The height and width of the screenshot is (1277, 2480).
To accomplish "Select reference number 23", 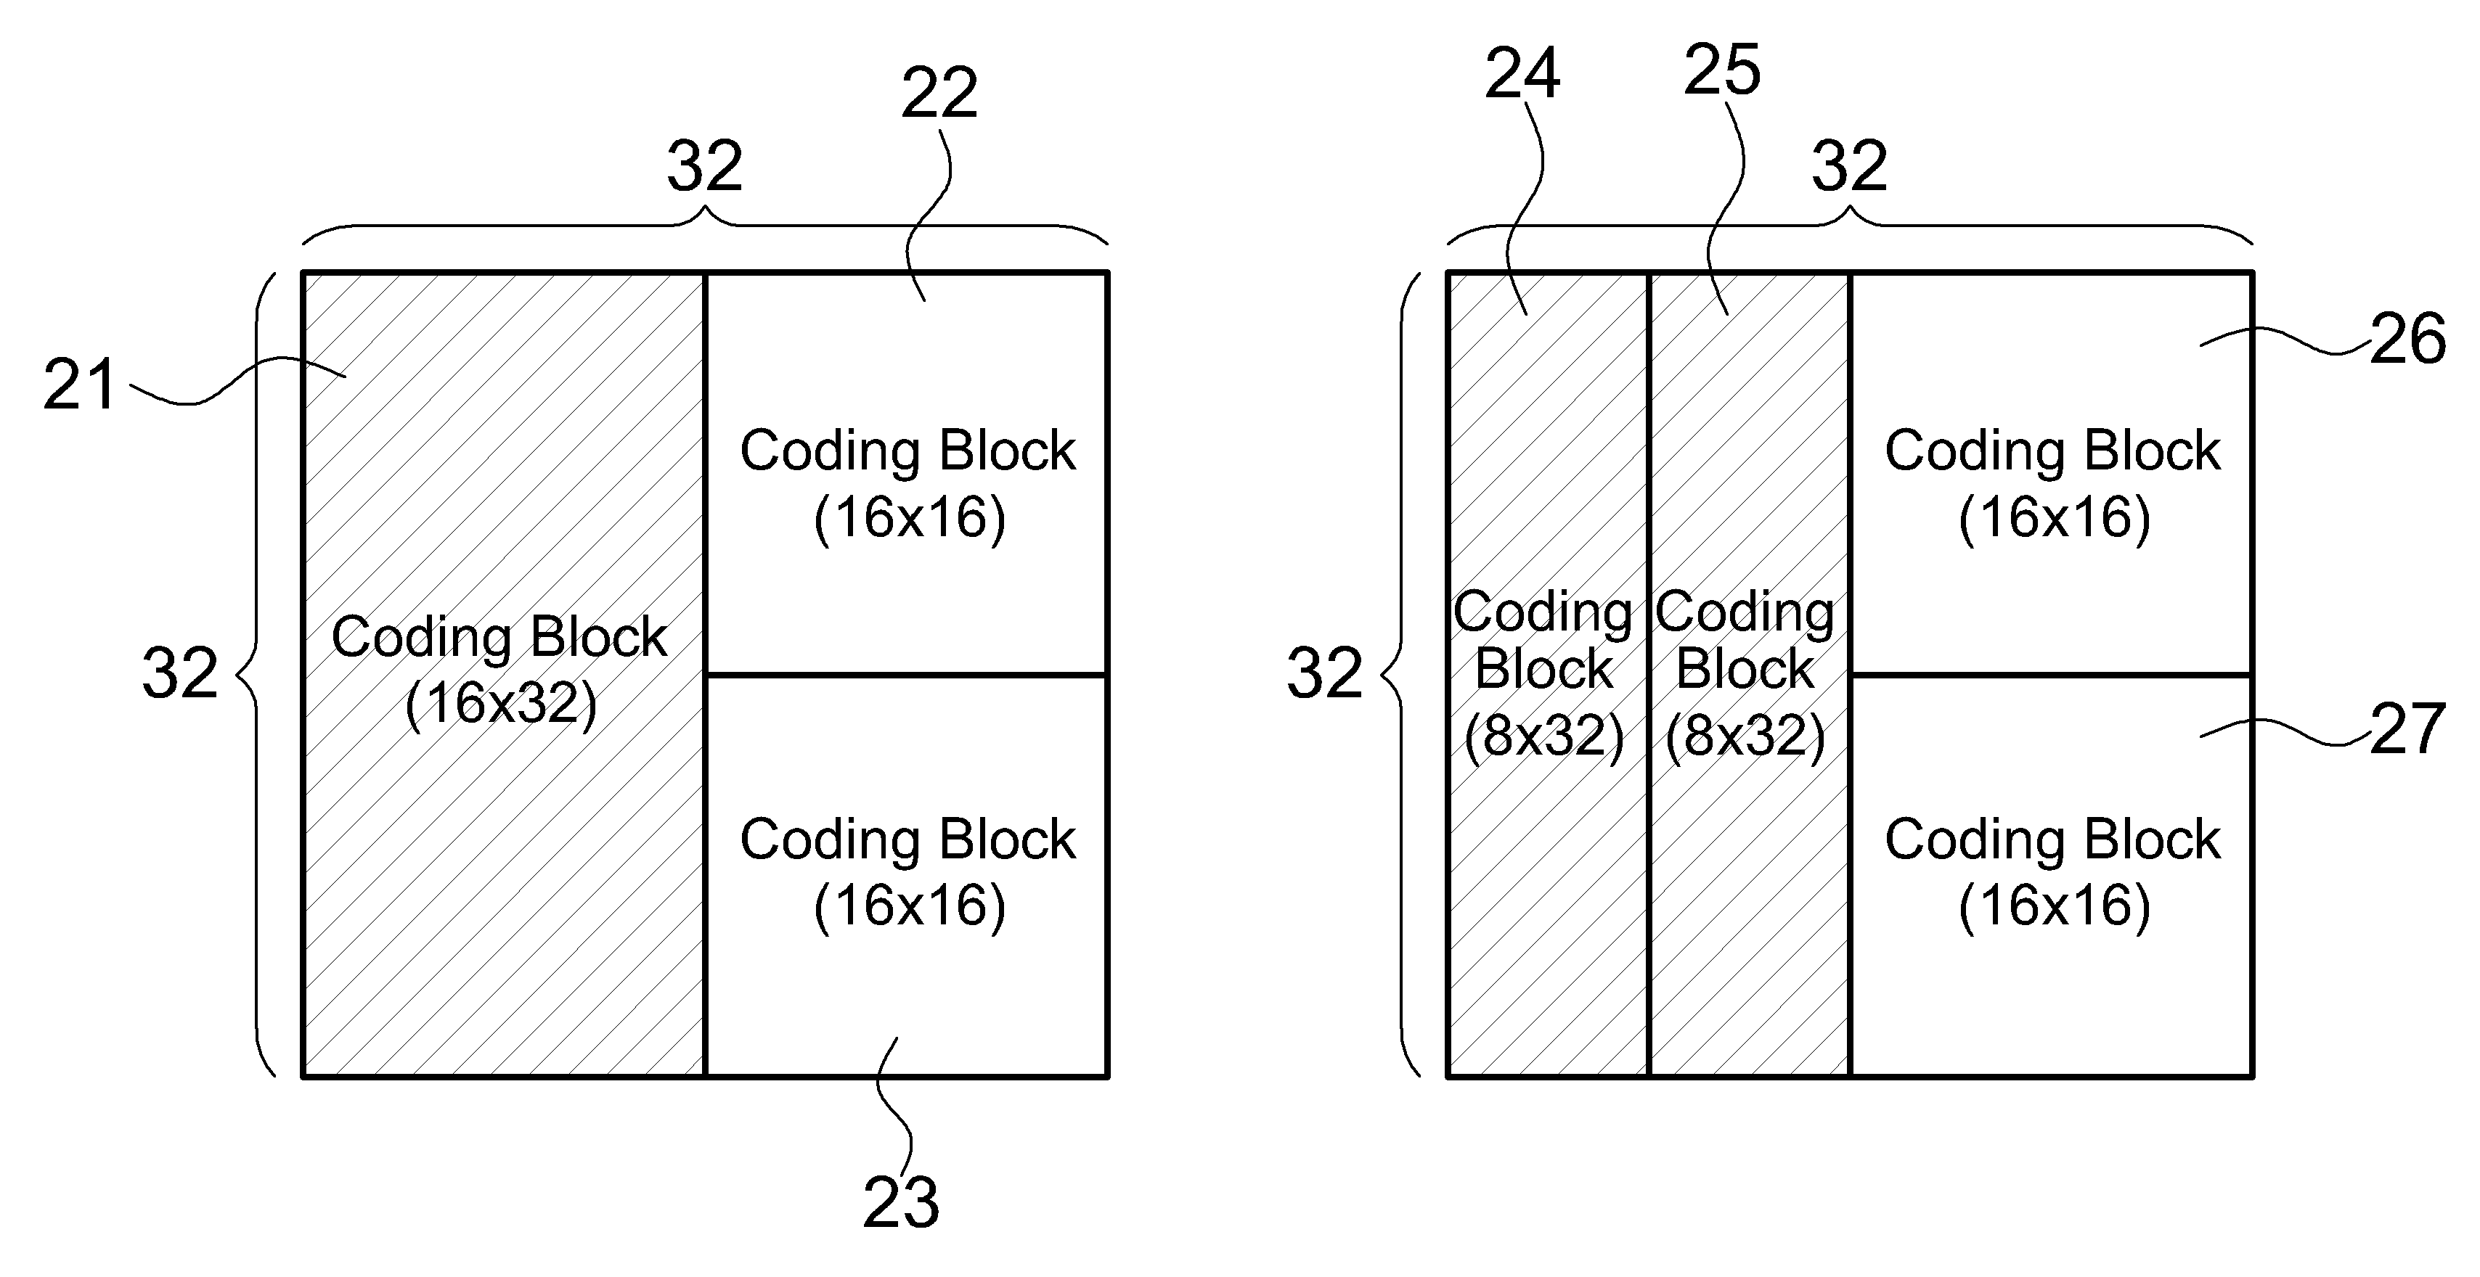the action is tap(900, 1203).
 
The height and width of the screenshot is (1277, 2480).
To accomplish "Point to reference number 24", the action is tap(1522, 73).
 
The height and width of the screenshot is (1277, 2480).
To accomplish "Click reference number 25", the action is tap(1722, 69).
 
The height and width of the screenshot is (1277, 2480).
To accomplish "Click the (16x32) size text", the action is tap(501, 705).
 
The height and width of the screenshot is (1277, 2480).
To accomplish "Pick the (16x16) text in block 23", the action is tap(910, 906).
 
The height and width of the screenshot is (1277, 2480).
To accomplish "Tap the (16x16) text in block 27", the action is tap(2055, 906).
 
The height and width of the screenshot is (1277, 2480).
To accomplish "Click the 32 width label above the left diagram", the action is tap(705, 165).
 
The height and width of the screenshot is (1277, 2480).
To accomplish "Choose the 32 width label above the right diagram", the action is tap(1849, 165).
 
